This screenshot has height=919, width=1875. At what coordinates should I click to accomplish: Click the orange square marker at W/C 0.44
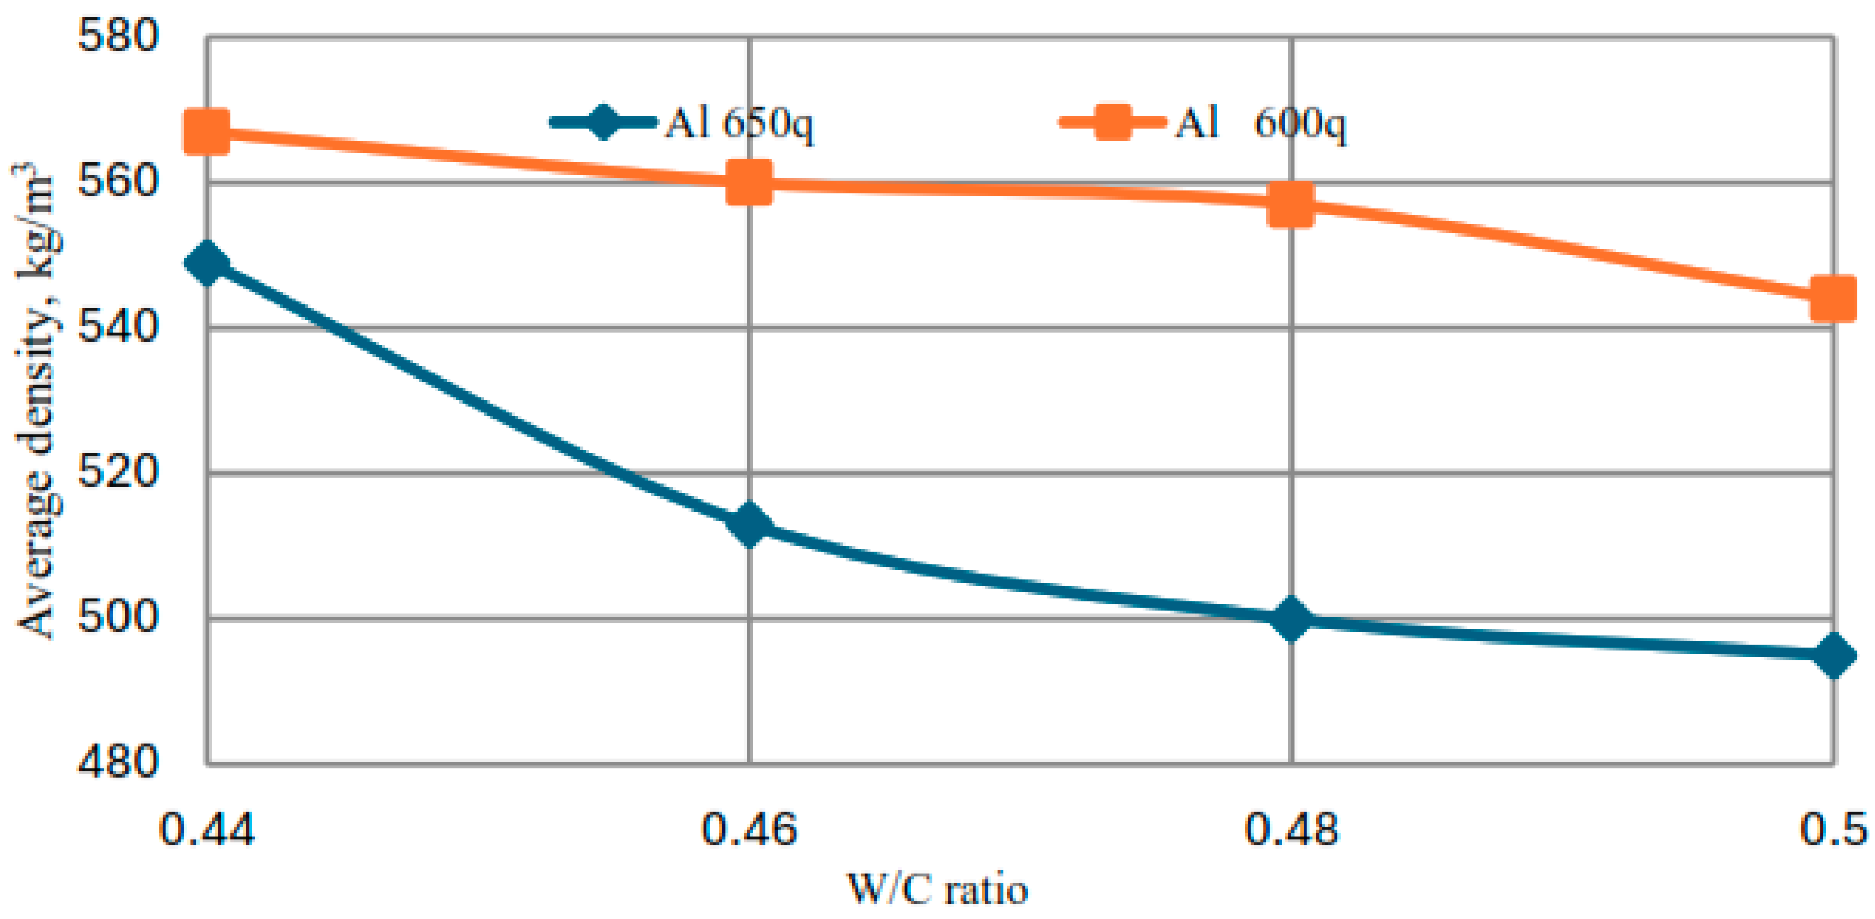tap(207, 132)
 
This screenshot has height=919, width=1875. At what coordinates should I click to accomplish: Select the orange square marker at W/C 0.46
tap(749, 183)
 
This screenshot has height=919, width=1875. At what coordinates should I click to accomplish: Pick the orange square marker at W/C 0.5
tap(1832, 297)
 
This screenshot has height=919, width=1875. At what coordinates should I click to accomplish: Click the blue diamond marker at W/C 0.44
tap(207, 263)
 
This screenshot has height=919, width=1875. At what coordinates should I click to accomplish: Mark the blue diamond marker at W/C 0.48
tap(1291, 619)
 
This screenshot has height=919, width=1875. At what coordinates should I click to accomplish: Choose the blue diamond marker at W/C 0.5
tap(1832, 654)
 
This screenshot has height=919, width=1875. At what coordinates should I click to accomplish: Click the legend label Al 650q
tap(738, 123)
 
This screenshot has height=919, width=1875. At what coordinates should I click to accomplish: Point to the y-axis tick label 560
tap(117, 181)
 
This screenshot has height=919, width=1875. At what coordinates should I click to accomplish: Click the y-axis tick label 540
tap(117, 327)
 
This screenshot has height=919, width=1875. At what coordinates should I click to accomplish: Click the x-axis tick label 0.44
tap(207, 829)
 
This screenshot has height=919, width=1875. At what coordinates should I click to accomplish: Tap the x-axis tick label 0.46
tap(749, 829)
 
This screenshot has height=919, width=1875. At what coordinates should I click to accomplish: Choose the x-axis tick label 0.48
tap(1291, 829)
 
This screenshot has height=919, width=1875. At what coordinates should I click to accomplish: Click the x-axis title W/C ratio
tap(938, 890)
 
